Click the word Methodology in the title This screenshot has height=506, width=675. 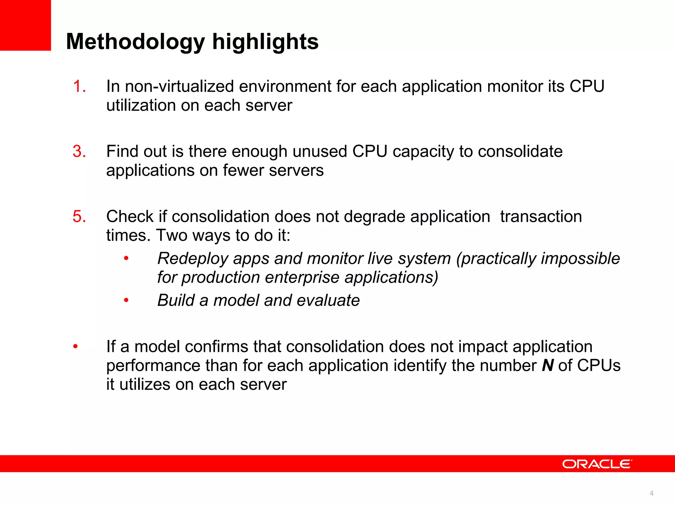click(x=135, y=42)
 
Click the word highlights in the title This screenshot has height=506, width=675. click(x=265, y=42)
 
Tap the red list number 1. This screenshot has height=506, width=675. click(x=79, y=87)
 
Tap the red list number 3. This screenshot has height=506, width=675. click(x=79, y=152)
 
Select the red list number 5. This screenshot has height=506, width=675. click(x=79, y=217)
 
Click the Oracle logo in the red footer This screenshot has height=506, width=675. click(x=597, y=464)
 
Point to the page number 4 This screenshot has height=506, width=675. click(x=651, y=493)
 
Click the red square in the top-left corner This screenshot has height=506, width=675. click(x=25, y=25)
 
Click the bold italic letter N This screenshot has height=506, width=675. click(x=547, y=366)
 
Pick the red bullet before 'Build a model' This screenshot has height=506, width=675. click(x=126, y=300)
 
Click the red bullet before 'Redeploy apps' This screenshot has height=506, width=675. click(x=126, y=259)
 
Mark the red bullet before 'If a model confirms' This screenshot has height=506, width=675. click(x=75, y=347)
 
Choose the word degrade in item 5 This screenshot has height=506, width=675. click(x=359, y=217)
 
